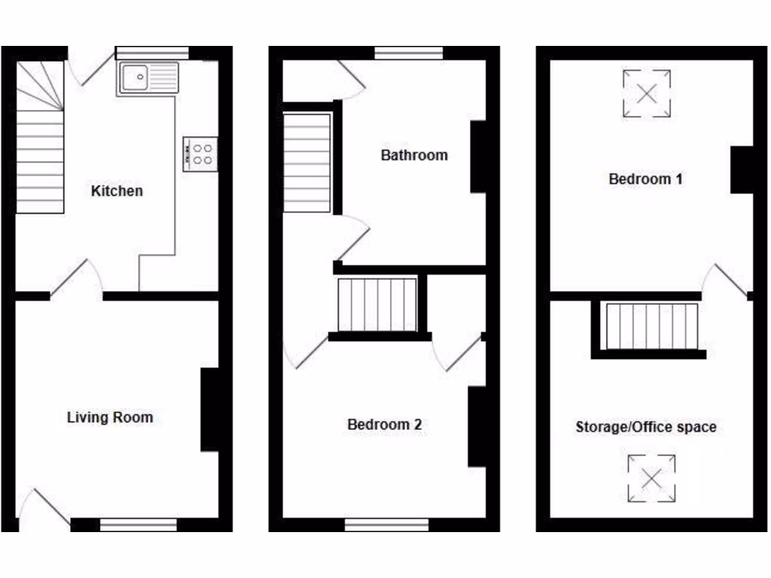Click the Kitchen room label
(x=117, y=191)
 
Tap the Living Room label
(x=110, y=417)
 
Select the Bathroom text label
(x=414, y=156)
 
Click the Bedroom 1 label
(x=645, y=179)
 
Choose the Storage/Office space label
(x=645, y=427)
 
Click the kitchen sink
(x=148, y=78)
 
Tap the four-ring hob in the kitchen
(x=200, y=154)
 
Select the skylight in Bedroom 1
(x=647, y=93)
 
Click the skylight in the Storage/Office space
(x=651, y=478)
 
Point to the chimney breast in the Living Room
(x=210, y=410)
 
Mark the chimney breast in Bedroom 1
(x=742, y=170)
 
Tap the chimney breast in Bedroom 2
(x=477, y=427)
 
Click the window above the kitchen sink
(x=153, y=53)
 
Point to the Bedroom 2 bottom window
(x=392, y=524)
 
